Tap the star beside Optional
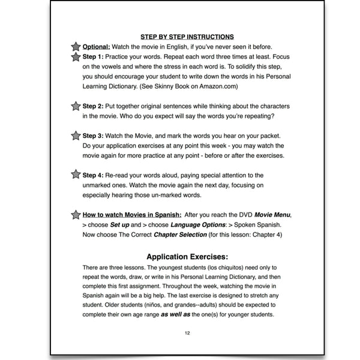pos(76,47)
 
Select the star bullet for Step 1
pos(76,58)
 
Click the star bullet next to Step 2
pos(76,106)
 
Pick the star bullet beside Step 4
pos(76,175)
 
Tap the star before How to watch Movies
pos(76,214)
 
